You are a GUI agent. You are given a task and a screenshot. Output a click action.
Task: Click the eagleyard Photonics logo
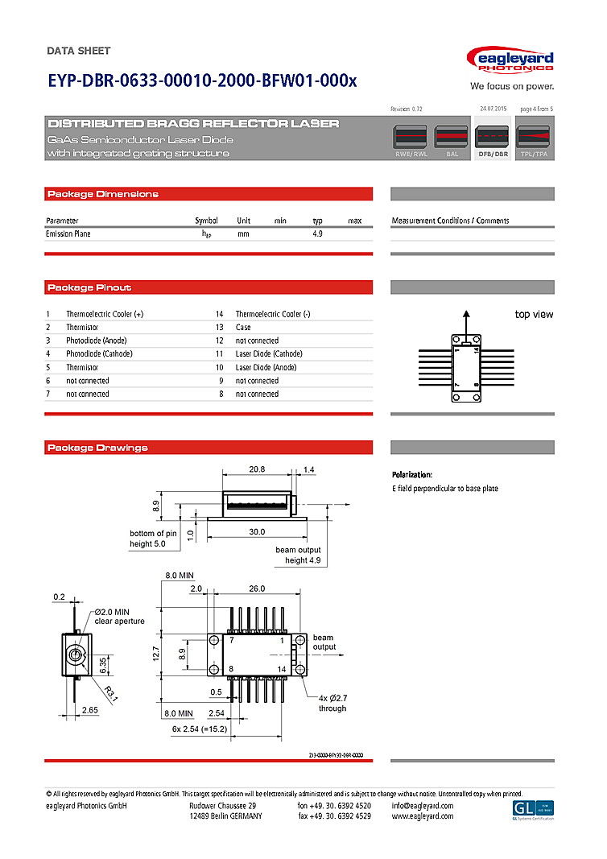(510, 60)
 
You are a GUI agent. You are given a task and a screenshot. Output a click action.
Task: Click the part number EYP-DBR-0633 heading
(201, 81)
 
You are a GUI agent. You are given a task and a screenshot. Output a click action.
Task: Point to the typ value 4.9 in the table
(317, 233)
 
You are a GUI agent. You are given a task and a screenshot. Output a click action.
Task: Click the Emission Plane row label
(68, 233)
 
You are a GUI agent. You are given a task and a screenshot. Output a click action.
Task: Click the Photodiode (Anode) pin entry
(97, 341)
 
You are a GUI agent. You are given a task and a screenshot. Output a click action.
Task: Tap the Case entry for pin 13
(243, 328)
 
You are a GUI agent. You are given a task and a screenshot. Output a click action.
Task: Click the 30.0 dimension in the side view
(257, 532)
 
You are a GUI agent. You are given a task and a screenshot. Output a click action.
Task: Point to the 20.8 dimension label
(257, 469)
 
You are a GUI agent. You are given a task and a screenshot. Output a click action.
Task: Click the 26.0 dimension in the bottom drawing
(257, 589)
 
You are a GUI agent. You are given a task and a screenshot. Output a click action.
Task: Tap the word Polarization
(412, 475)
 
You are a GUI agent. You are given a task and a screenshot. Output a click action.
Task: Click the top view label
(534, 315)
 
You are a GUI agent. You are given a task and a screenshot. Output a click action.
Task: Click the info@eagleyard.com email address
(422, 806)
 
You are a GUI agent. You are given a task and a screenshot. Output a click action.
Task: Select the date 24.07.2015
(493, 108)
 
